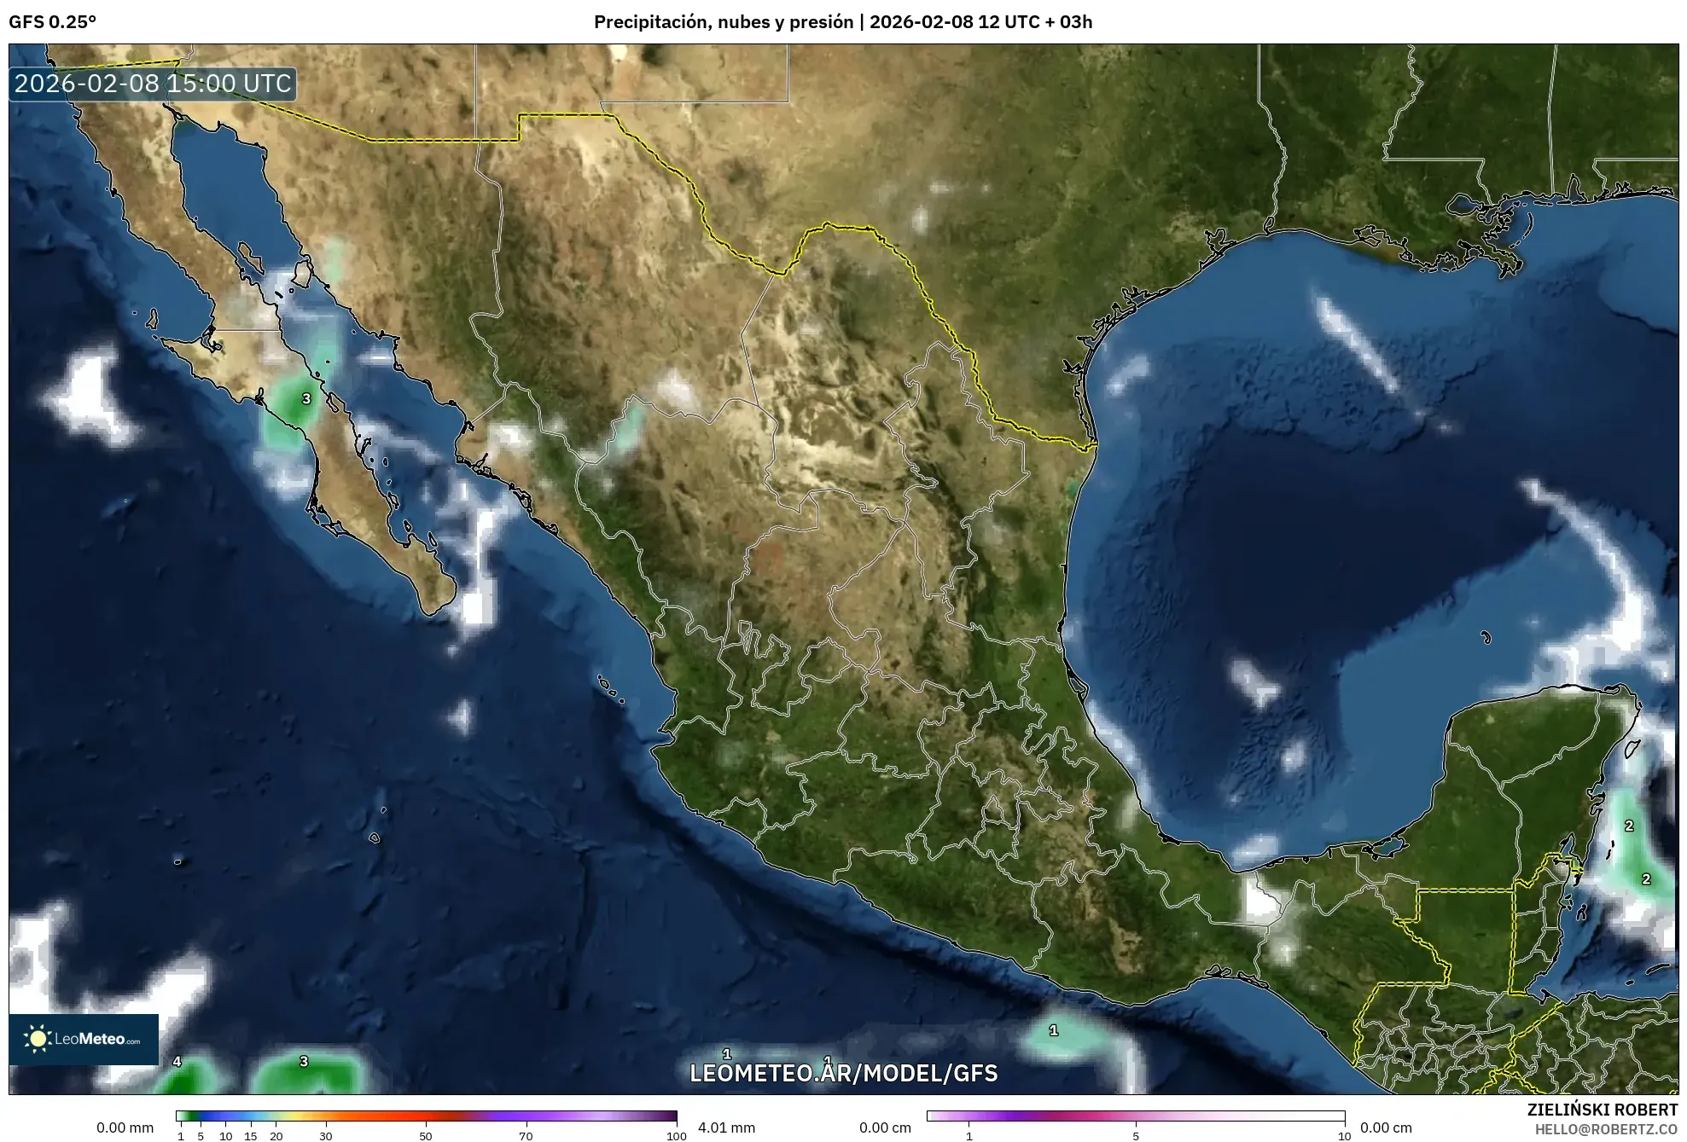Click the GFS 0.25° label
[52, 22]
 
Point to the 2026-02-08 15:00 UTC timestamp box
[153, 84]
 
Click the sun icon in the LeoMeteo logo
[38, 1039]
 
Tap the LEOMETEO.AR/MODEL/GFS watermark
[843, 1073]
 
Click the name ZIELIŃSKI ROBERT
[1602, 1110]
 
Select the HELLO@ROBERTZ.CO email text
[1606, 1129]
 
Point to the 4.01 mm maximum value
[726, 1128]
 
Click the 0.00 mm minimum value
[125, 1128]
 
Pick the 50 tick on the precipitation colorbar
[426, 1136]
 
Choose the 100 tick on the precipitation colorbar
[676, 1136]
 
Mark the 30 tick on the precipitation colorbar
[326, 1136]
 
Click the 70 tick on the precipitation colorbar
[526, 1136]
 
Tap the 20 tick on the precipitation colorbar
[276, 1136]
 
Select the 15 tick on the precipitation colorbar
[250, 1136]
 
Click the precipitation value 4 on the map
[177, 1062]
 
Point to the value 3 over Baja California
[306, 398]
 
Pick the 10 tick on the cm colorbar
[1344, 1136]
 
